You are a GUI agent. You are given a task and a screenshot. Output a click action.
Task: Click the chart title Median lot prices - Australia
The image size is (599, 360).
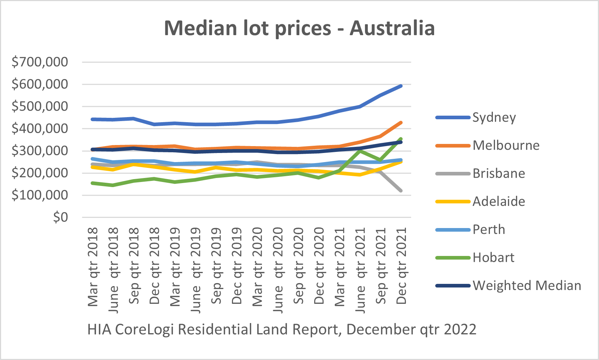coord(299,28)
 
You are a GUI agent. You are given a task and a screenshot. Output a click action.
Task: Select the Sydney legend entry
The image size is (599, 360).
coord(494,117)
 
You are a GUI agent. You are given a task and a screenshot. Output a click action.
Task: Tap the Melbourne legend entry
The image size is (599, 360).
coord(506,145)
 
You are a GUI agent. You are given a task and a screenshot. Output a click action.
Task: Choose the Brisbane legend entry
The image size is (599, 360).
coord(499,173)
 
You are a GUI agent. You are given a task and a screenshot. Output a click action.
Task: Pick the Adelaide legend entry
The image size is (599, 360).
coord(499,201)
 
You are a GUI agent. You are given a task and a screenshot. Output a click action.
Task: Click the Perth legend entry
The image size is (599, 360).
coord(488,229)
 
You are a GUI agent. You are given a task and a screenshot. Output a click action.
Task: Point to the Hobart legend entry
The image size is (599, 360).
coord(493,257)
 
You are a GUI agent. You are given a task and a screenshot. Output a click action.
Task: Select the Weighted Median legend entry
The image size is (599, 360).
coord(527,285)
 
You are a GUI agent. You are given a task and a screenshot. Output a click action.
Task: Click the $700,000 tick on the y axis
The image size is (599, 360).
coord(40,62)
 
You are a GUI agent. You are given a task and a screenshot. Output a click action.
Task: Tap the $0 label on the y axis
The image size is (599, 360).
coord(60,217)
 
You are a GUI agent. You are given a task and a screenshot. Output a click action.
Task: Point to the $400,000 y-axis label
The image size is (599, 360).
coord(40,128)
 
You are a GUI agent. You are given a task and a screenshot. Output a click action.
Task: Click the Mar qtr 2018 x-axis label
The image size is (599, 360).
coord(93,267)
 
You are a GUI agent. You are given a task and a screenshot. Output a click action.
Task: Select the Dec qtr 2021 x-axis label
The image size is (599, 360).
coord(402,266)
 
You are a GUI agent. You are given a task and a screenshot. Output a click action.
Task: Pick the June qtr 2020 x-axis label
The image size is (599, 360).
coord(278,270)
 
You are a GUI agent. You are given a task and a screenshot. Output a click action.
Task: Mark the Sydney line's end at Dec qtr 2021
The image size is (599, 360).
coord(401,86)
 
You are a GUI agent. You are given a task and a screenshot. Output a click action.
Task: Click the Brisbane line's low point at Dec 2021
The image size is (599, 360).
coord(401,191)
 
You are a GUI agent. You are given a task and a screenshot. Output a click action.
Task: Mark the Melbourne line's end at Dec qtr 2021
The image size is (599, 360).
coord(401,123)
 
